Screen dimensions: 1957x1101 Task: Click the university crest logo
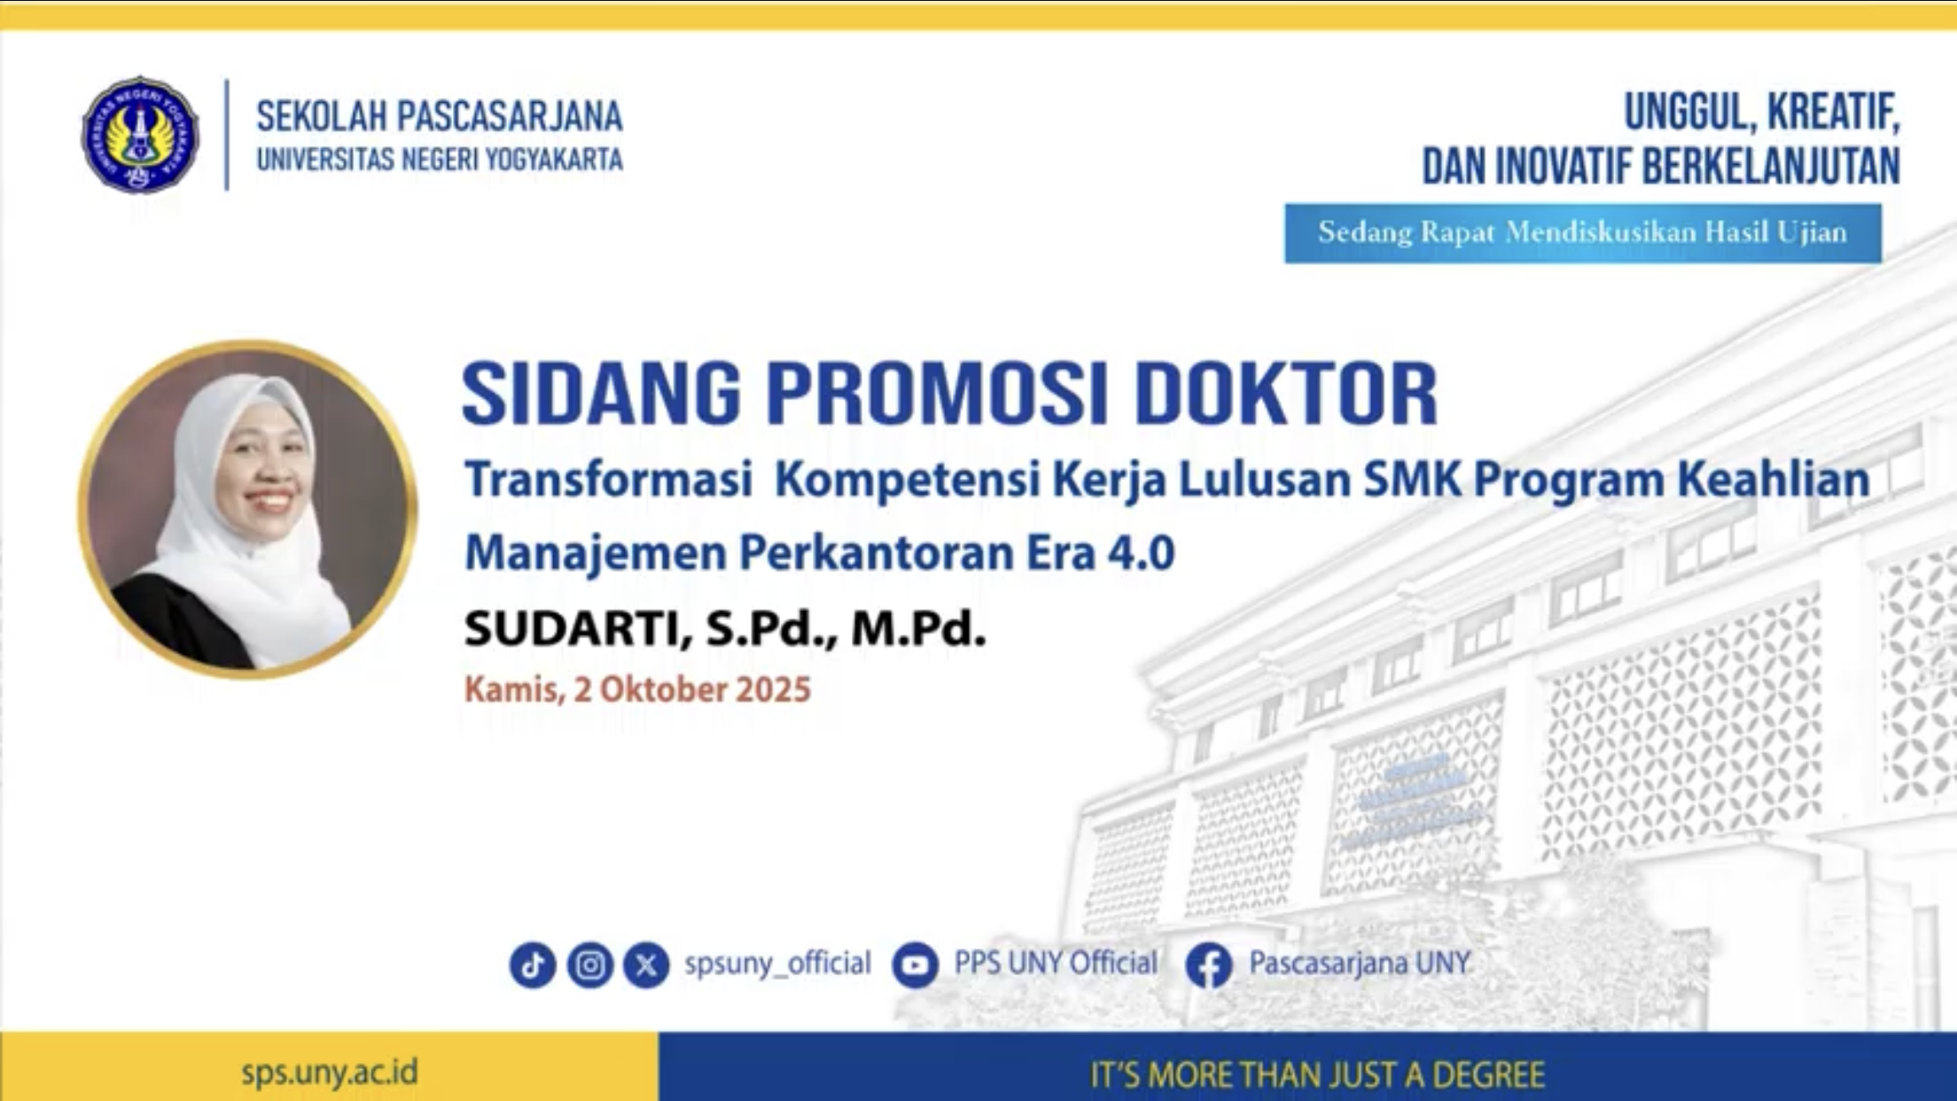coord(140,135)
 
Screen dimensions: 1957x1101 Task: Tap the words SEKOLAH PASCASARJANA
coord(440,116)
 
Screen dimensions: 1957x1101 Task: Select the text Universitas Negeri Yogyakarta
coord(440,160)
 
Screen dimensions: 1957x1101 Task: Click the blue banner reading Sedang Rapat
coord(1583,233)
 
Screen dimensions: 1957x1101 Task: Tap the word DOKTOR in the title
coord(1286,393)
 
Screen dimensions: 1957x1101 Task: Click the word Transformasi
coord(609,480)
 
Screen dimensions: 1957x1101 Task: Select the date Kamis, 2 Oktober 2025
coord(637,690)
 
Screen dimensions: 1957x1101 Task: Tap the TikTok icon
coord(533,964)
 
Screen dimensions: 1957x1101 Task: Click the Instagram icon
coord(589,964)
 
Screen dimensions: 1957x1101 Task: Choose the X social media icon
coord(646,964)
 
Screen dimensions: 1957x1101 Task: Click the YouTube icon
coord(915,964)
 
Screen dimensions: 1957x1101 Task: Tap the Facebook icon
coord(1209,964)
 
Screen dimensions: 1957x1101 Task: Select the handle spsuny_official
coord(777,964)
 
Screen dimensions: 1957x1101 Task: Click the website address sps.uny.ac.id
coord(329,1074)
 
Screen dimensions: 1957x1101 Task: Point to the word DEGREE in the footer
coord(1489,1075)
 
